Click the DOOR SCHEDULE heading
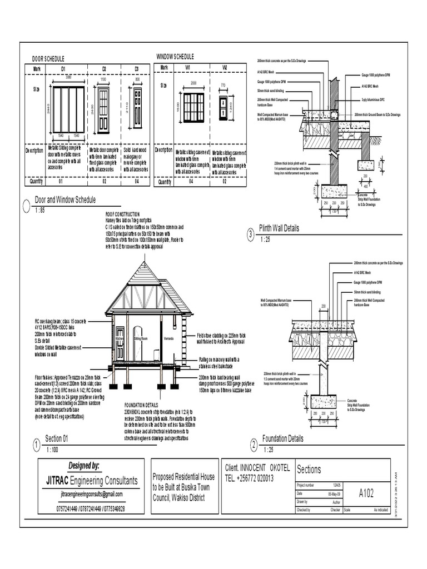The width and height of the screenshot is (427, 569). click(x=48, y=58)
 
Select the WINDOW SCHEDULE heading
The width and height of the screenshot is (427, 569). click(x=175, y=57)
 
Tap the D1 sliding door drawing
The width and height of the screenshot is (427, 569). click(x=69, y=109)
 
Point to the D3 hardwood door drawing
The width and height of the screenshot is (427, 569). click(x=137, y=108)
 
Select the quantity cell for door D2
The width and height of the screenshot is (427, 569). click(x=104, y=182)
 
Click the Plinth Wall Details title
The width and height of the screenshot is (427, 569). click(x=279, y=228)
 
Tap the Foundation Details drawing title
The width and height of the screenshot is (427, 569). click(x=283, y=438)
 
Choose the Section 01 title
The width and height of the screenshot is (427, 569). click(x=57, y=438)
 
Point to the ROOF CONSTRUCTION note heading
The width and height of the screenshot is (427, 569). click(x=122, y=214)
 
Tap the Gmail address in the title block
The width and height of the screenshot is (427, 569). click(x=91, y=494)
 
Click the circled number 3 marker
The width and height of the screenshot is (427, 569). click(x=251, y=236)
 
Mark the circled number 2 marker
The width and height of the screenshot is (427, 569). click(x=254, y=445)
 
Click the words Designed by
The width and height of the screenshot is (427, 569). click(x=84, y=466)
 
